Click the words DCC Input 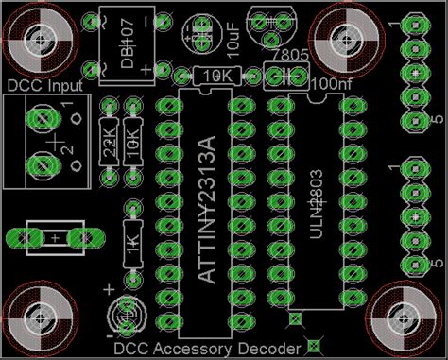pyautogui.click(x=44, y=86)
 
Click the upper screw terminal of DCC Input pyautogui.click(x=41, y=119)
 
